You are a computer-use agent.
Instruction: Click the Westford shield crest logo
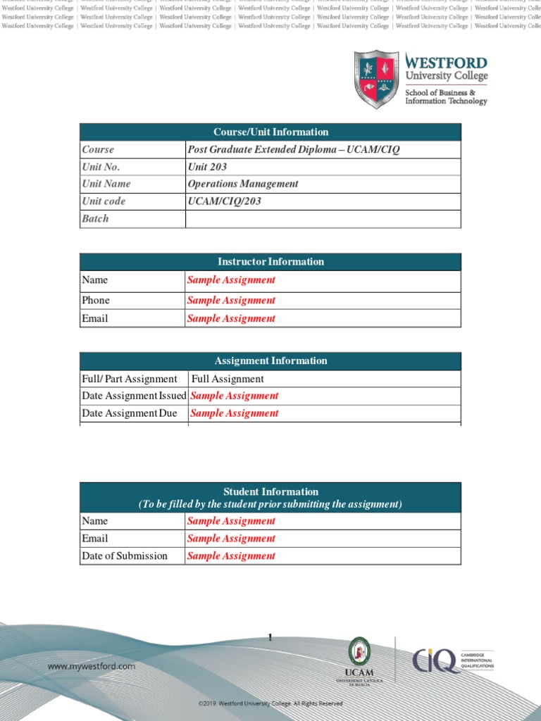click(376, 79)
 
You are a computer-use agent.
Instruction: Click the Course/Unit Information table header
click(270, 132)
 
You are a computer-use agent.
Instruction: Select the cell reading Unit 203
click(207, 167)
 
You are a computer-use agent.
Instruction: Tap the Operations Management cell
click(242, 184)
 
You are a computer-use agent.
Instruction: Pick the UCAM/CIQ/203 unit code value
click(224, 201)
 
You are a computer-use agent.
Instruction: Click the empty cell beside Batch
click(323, 219)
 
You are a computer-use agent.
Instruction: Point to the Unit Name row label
click(106, 184)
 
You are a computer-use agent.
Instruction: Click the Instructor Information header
click(270, 262)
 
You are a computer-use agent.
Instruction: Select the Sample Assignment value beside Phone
click(231, 300)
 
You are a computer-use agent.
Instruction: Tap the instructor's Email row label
click(95, 318)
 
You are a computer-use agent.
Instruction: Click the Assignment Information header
click(270, 361)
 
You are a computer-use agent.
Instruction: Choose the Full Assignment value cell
click(228, 379)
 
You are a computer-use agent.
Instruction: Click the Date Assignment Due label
click(130, 413)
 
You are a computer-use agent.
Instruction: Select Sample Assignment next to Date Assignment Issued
click(235, 396)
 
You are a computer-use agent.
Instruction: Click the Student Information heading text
click(270, 491)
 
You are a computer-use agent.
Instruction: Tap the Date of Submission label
click(125, 556)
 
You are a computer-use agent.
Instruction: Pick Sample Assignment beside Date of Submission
click(231, 556)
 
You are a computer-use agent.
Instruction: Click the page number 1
click(270, 638)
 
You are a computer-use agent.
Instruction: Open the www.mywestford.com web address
click(92, 666)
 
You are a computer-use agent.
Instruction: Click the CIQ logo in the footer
click(437, 660)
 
